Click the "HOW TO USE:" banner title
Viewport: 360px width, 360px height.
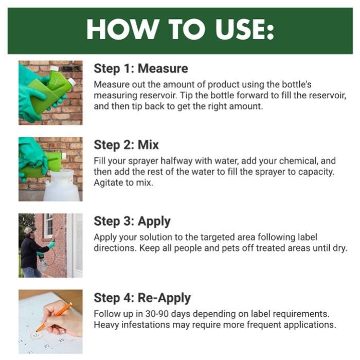pos(180,30)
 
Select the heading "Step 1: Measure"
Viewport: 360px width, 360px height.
pos(140,68)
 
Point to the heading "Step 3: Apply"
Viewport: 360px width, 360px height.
pos(132,221)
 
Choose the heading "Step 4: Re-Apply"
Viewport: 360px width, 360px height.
pos(142,298)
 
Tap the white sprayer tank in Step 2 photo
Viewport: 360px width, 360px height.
pos(60,185)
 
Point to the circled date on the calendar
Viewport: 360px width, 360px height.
pos(35,335)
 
